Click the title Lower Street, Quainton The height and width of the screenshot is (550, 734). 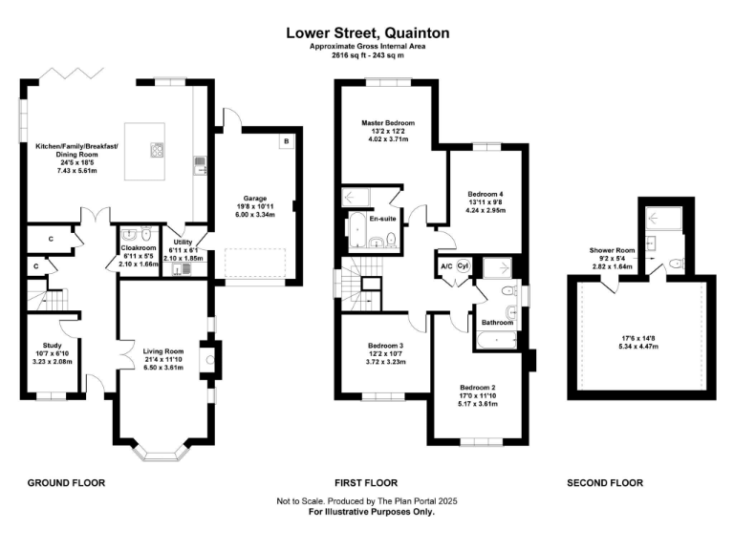368,33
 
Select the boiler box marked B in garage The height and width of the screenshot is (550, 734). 286,141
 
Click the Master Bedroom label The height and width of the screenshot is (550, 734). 388,123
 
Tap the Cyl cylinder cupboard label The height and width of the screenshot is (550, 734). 463,265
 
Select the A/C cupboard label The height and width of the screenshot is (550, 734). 445,265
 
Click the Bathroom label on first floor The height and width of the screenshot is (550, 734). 497,323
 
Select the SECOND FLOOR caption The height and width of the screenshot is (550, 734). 605,483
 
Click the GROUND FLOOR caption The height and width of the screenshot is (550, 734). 66,483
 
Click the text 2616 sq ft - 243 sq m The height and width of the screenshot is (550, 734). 368,55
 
